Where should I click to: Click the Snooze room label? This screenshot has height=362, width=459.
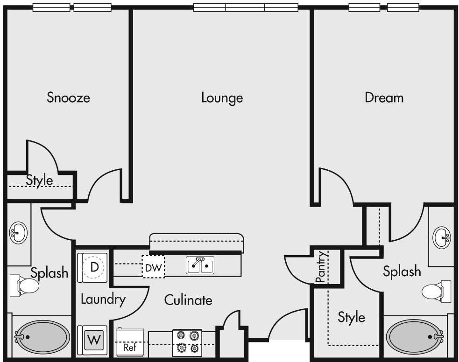[68, 97]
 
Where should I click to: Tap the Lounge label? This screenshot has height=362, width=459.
[222, 97]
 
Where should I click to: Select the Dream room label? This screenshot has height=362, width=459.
[384, 97]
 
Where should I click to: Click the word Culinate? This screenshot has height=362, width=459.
[188, 300]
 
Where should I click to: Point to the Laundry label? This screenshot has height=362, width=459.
[103, 299]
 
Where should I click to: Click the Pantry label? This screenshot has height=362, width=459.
[321, 267]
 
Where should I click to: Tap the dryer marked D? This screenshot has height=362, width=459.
[92, 268]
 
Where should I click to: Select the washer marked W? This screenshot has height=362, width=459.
[92, 341]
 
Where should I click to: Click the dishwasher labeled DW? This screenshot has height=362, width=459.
[154, 267]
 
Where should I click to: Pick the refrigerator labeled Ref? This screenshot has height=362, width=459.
[130, 342]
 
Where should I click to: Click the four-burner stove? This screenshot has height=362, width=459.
[187, 343]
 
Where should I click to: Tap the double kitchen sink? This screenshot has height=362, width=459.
[200, 265]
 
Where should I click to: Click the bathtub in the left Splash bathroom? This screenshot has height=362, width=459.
[42, 337]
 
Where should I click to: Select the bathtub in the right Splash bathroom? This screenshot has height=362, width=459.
[415, 336]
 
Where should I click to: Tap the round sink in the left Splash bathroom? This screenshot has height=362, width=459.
[18, 233]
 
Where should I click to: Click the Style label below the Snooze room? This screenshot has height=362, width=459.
[40, 180]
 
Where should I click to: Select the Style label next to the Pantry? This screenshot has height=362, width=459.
[351, 317]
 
